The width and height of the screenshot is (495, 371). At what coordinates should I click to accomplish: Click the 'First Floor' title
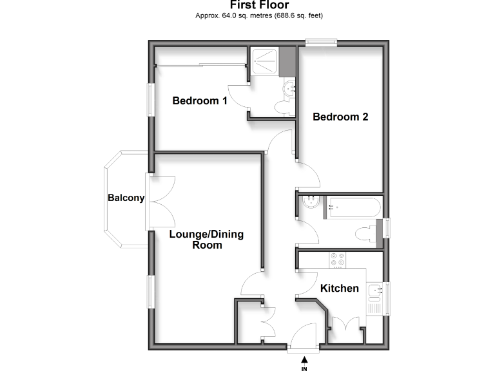pos(259,5)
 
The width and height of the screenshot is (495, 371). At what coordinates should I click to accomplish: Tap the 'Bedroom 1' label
pos(200,101)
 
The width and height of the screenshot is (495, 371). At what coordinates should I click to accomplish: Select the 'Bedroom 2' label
pos(340,117)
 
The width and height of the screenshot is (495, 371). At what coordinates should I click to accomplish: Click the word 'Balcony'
pos(126,198)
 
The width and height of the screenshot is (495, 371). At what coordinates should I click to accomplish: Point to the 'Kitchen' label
pos(340,288)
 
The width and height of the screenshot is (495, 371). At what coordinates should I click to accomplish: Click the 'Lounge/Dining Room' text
pos(206,240)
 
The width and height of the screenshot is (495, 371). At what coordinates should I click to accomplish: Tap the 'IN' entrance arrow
pos(304,362)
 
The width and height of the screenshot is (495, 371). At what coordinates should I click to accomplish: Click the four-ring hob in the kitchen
pos(337,260)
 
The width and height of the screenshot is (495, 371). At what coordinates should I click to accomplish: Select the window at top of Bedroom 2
pos(321,43)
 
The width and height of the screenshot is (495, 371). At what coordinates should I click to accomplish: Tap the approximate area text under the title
pos(259,15)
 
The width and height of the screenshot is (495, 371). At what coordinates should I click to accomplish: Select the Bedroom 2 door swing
pos(308,171)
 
